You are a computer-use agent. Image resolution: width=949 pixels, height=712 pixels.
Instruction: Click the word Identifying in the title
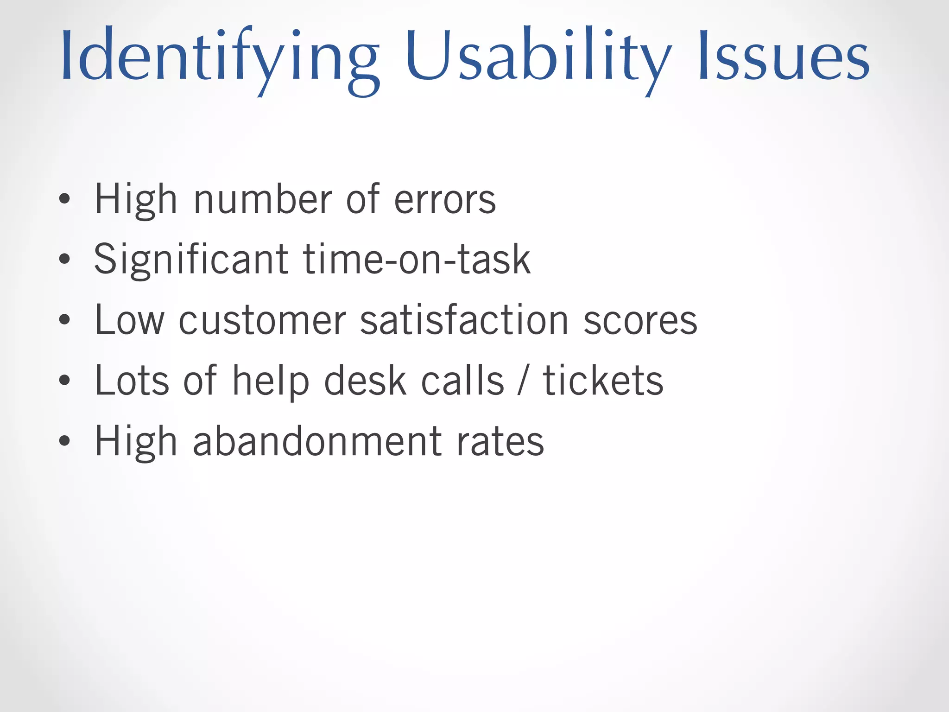220,58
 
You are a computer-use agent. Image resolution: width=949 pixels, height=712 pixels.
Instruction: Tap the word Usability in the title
538,58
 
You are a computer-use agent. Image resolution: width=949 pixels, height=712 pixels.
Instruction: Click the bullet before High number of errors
65,199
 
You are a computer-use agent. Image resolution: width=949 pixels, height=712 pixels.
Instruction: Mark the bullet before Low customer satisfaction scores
65,320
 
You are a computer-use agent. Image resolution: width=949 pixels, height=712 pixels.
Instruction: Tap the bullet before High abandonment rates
65,440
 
